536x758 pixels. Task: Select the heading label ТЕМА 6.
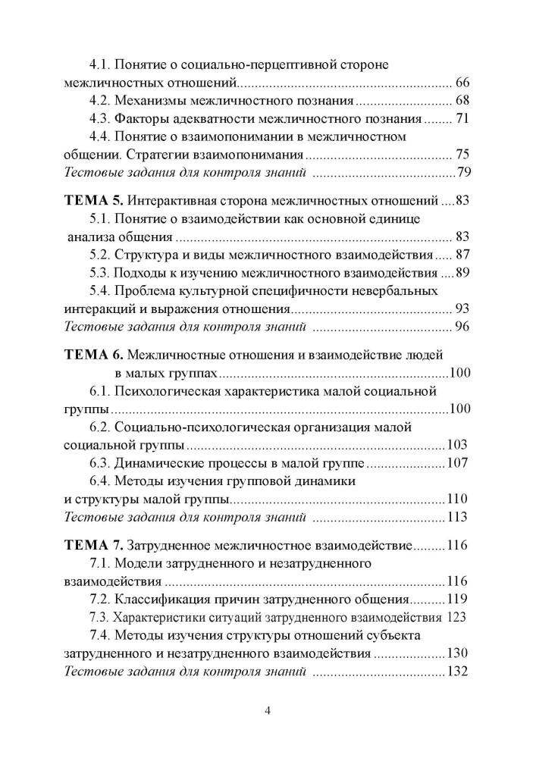(x=90, y=354)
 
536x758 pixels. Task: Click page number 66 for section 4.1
(x=463, y=82)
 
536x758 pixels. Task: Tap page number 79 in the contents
(x=463, y=174)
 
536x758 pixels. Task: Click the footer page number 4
(x=268, y=710)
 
